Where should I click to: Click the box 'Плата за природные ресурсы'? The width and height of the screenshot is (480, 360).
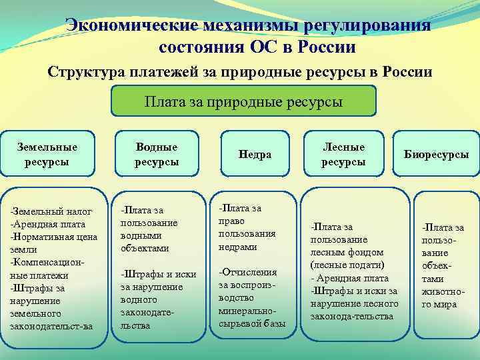(243, 102)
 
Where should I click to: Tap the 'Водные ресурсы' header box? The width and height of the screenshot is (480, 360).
(157, 154)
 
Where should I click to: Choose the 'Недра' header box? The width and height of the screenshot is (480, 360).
(253, 154)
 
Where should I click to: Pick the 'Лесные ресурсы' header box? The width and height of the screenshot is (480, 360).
(343, 154)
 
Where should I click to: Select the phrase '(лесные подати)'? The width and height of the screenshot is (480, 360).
(341, 265)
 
